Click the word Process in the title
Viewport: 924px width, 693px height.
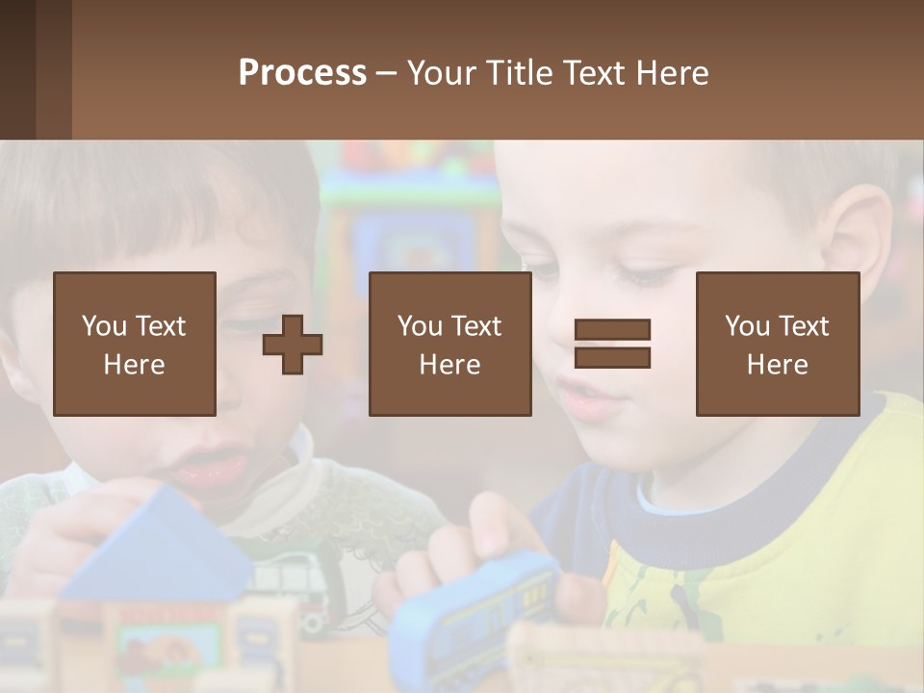(x=302, y=73)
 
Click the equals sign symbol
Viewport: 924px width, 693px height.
(x=612, y=344)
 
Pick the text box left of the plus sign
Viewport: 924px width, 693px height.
(x=134, y=344)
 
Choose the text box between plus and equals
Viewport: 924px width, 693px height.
(x=449, y=344)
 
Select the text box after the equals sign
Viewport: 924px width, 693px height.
(x=777, y=344)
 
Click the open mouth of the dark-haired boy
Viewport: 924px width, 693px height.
(x=212, y=468)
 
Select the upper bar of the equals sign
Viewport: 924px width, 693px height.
(x=612, y=329)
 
